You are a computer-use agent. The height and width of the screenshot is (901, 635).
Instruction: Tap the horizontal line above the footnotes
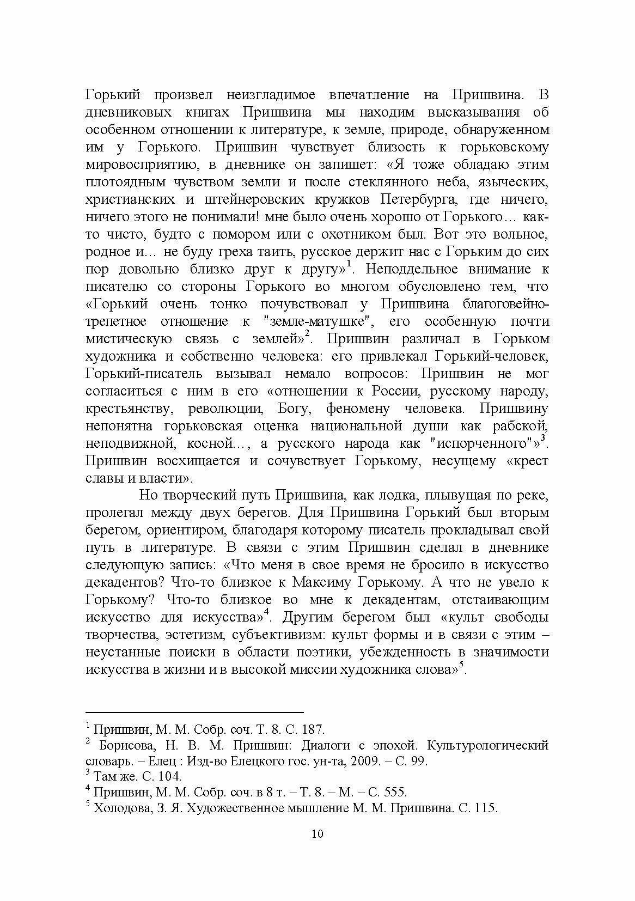[194, 712]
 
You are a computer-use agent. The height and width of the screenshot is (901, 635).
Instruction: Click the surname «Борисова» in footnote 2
[123, 745]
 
